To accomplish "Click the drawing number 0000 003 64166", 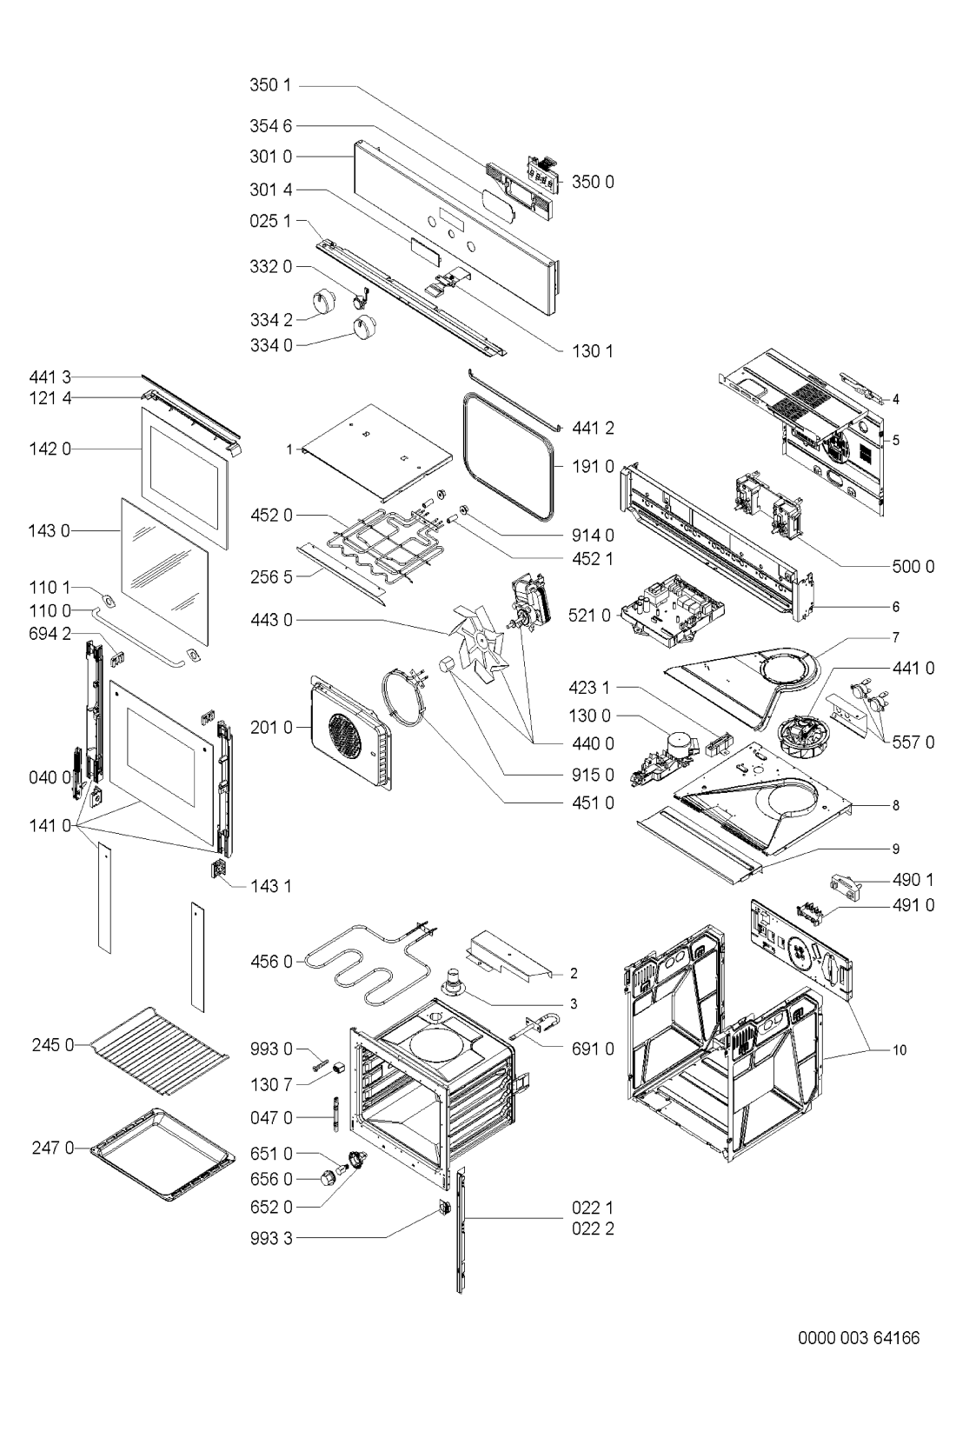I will point(859,1338).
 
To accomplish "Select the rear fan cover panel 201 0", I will point(346,727).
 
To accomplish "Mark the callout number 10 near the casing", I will point(900,1050).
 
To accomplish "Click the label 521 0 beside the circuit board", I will point(594,615).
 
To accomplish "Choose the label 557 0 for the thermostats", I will point(913,743).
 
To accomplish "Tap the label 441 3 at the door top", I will point(54,376).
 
